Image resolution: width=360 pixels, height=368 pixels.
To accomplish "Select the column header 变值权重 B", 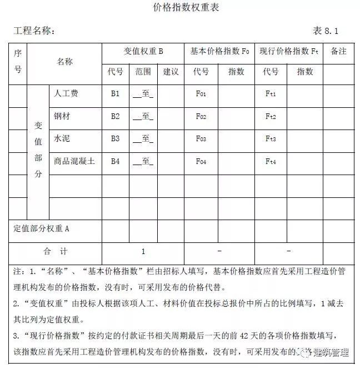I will tap(143, 51).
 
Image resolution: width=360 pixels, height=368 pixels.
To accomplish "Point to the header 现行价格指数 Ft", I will tap(289, 51).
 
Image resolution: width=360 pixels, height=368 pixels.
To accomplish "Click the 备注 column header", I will tap(338, 51).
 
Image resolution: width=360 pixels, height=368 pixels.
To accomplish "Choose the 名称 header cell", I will tap(64, 62).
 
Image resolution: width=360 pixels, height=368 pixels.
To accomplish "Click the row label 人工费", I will tap(66, 93).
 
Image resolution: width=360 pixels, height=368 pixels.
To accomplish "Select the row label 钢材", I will tap(62, 116).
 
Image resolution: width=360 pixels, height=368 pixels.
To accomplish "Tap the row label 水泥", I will tap(62, 138).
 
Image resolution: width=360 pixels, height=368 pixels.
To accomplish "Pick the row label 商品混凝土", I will tap(74, 161).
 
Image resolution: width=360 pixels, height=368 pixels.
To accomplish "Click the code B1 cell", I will tap(115, 93).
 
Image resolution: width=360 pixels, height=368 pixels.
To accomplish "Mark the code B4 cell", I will tap(115, 161).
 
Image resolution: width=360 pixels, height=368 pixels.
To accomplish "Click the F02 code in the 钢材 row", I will tap(201, 117).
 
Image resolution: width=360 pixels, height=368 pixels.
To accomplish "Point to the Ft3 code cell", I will tap(271, 139).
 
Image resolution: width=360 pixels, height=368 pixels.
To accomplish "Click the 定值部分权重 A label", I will tap(41, 228).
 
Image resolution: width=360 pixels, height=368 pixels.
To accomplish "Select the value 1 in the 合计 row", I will tap(143, 251).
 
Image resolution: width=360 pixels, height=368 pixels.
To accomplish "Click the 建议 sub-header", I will tap(171, 72).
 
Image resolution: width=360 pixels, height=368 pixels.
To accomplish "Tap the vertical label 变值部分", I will tap(38, 150).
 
